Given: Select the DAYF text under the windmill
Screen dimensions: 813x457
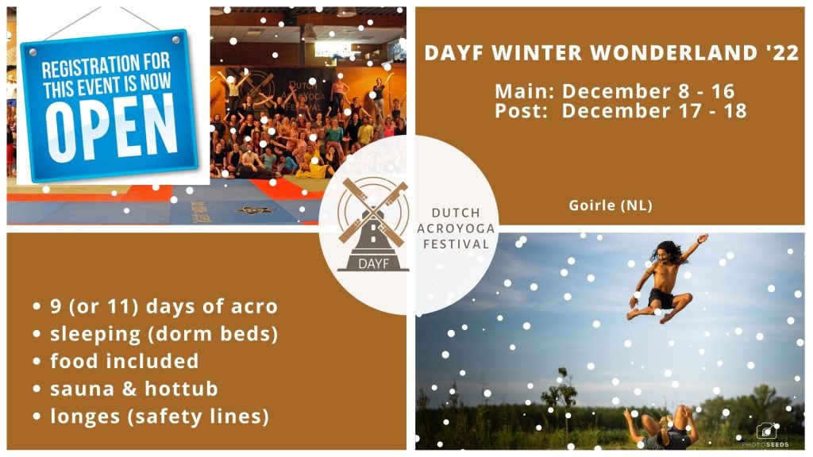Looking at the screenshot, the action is click(373, 263).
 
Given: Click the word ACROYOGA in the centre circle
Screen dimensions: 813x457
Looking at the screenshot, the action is click(456, 228).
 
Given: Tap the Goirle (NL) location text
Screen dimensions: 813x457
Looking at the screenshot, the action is click(611, 205).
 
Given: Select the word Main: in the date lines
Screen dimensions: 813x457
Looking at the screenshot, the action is click(525, 91).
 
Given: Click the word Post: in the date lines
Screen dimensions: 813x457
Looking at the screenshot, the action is click(521, 110).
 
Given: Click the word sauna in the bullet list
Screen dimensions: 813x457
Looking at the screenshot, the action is click(82, 389).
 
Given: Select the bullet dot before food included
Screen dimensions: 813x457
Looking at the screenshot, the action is click(37, 361).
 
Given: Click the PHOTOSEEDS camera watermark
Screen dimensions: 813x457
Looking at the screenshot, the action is click(766, 436).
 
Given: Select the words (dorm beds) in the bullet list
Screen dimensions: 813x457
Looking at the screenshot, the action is click(213, 334).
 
